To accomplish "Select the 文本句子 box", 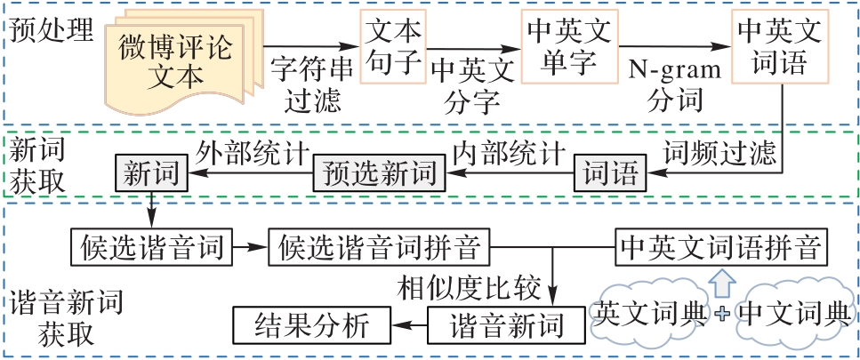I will point(392,45).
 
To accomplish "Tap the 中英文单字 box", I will point(569,47).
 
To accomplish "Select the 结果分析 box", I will point(311,324).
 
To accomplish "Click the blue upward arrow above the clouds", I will point(722,283).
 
